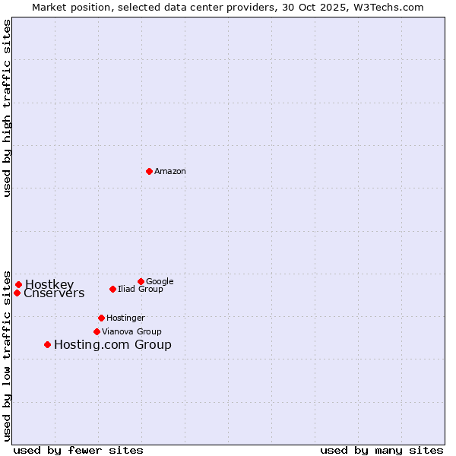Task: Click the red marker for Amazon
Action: (x=149, y=171)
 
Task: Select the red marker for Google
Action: (x=141, y=281)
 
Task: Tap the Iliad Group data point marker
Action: (x=112, y=289)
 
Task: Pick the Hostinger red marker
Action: (x=101, y=318)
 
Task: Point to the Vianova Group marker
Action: (x=97, y=331)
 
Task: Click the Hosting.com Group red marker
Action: (x=47, y=344)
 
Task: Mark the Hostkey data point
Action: (x=18, y=285)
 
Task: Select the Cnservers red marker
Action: (x=17, y=293)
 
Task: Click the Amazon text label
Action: (x=170, y=172)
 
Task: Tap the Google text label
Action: (x=160, y=281)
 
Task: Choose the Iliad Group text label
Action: (x=141, y=289)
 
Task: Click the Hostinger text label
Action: (x=125, y=318)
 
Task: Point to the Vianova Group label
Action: (x=131, y=331)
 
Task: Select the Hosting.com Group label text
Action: (x=112, y=345)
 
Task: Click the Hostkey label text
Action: (x=49, y=285)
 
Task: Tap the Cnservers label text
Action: (x=54, y=293)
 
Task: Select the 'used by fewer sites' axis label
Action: (x=78, y=450)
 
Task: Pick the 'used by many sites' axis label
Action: (x=382, y=450)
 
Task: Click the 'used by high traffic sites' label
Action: (x=7, y=108)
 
